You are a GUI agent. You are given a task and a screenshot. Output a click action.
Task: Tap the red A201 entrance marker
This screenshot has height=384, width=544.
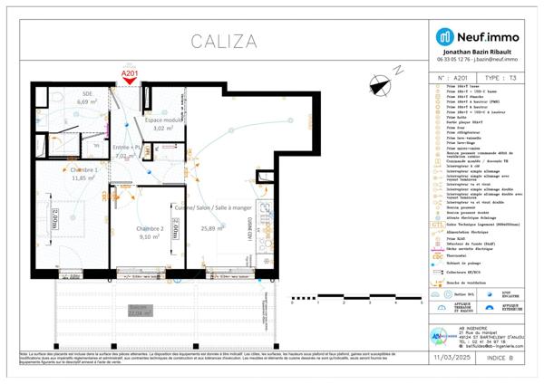pyautogui.click(x=131, y=78)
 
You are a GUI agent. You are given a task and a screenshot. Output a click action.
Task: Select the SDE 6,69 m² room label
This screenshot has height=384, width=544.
pyautogui.click(x=87, y=99)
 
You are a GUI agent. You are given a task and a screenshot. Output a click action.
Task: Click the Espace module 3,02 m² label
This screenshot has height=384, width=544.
pyautogui.click(x=164, y=124)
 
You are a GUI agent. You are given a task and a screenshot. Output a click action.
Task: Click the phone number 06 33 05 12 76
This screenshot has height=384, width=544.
pyautogui.click(x=457, y=61)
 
